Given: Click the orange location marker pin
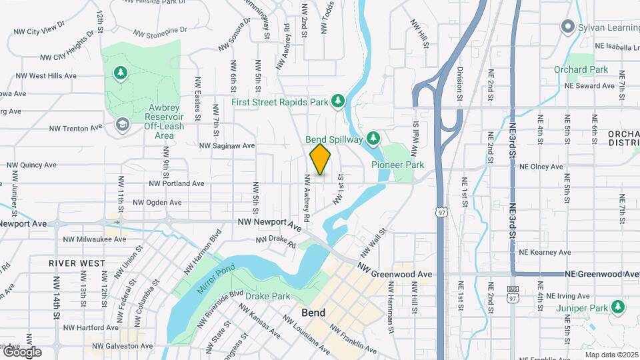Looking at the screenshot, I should pos(320,159).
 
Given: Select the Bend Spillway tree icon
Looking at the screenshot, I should pos(373,138).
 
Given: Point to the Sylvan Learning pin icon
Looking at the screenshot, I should pos(567,27).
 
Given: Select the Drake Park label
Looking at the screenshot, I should pos(267,296).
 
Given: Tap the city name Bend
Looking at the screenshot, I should pos(313,312).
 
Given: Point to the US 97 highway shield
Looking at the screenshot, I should pos(441,211).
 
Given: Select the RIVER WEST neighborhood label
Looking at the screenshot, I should pos(77,263).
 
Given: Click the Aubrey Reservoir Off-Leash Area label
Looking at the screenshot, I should pos(160,121).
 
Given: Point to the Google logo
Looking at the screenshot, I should pos(21,351).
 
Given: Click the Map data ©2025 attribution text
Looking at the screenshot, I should pos(610,355).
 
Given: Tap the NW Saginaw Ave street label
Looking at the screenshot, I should pos(227,145).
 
